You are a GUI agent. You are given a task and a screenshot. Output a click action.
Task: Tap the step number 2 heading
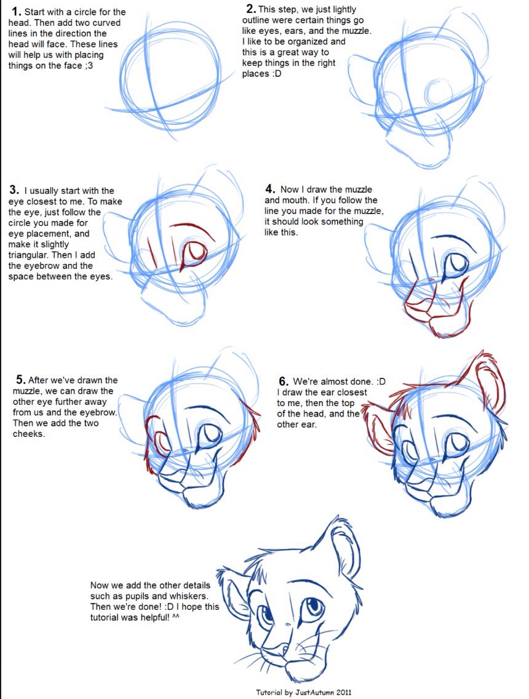[x=251, y=9]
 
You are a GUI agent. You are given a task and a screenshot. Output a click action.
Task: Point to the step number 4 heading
[x=270, y=189]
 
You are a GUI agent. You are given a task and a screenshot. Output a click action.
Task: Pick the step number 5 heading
[x=21, y=380]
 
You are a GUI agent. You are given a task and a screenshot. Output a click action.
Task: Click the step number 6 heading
[x=284, y=381]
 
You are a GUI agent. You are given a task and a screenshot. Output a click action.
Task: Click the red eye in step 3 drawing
[x=195, y=251]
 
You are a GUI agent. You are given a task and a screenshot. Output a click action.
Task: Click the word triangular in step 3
[x=29, y=255]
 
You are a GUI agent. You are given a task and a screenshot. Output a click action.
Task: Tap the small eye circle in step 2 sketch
[x=437, y=94]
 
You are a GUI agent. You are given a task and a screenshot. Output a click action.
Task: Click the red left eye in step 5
[x=161, y=442]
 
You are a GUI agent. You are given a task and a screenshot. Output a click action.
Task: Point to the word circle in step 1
[x=86, y=12]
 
